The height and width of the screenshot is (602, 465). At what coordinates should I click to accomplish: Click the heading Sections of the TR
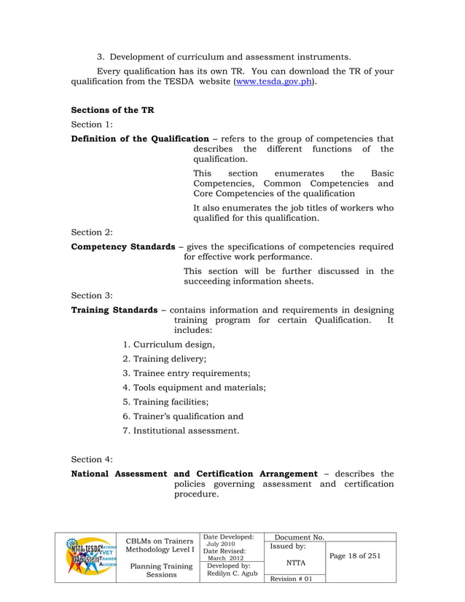tap(112, 110)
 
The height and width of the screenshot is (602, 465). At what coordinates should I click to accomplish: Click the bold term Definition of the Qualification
tap(140, 138)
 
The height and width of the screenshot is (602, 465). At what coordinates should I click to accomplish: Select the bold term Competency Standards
tap(123, 247)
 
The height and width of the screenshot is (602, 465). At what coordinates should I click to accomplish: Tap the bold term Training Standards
tap(114, 310)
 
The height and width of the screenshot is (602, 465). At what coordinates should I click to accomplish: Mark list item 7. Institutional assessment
tap(181, 431)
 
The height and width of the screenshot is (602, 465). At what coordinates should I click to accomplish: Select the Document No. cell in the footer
tap(297, 537)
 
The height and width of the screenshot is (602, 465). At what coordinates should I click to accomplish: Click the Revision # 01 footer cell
tap(291, 578)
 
